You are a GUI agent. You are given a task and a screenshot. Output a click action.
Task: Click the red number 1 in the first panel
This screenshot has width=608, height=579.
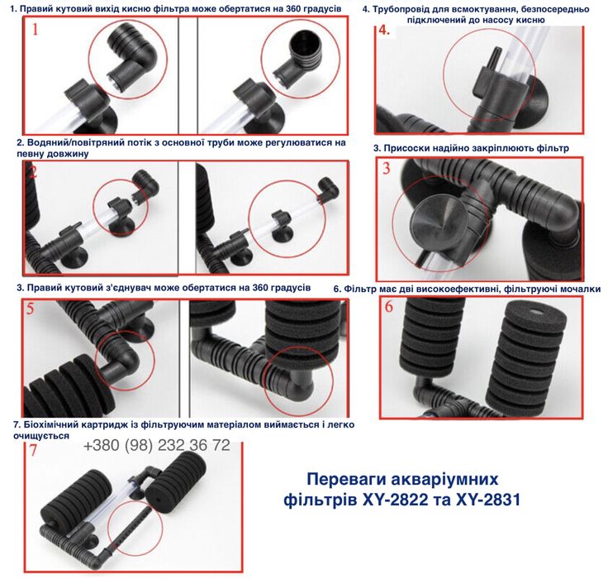pos(35,31)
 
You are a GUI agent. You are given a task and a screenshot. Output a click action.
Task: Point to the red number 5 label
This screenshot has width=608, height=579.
pos(31,309)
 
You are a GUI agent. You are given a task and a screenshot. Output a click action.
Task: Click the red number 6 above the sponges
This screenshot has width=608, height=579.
pos(388,307)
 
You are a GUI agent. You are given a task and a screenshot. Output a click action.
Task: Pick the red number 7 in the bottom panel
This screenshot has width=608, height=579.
pos(32,451)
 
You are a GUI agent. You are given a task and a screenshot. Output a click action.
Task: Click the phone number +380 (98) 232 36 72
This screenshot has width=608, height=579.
pos(156,446)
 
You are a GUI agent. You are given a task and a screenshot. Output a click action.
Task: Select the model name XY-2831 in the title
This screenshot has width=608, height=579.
pos(486,500)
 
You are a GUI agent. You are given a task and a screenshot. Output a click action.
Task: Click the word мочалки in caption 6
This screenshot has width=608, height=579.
pos(576,289)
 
